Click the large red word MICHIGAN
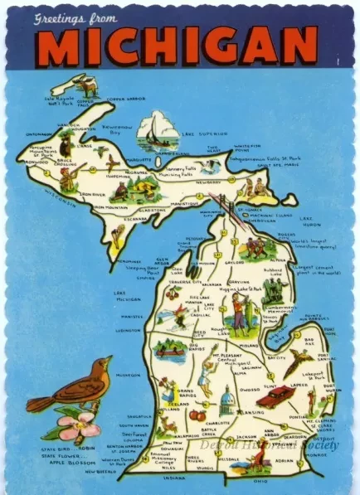coord(179,50)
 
